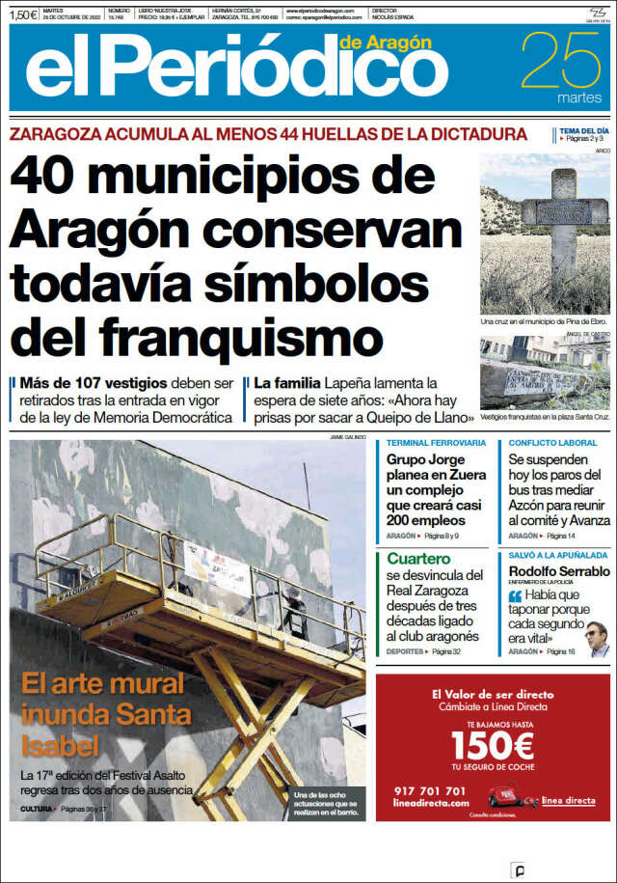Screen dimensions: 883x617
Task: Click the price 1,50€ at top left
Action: click(x=24, y=15)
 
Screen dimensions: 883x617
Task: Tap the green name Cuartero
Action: click(x=419, y=559)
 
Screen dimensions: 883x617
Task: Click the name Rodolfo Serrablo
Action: click(x=559, y=571)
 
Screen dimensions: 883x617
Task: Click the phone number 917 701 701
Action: click(x=430, y=791)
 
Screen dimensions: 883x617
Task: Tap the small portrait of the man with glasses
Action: click(x=598, y=638)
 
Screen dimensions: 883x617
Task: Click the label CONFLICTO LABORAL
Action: click(x=552, y=444)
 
